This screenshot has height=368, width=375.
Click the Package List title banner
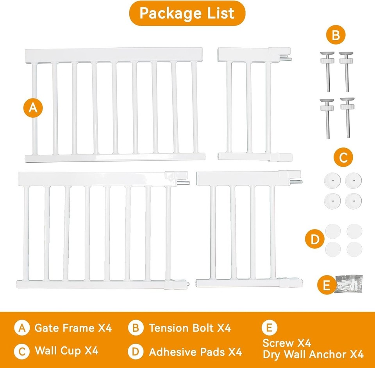187,13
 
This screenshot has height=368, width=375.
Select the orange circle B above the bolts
336,36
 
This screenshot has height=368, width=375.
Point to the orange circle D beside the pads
315,239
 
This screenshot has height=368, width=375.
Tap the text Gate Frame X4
73,328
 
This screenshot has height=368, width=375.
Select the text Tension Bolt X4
189,328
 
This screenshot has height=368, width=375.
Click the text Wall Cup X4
66,350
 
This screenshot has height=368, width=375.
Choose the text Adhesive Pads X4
195,352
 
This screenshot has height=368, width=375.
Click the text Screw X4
287,343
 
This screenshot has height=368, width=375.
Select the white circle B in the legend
135,328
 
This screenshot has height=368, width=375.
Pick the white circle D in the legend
135,352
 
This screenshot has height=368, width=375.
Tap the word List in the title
218,13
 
